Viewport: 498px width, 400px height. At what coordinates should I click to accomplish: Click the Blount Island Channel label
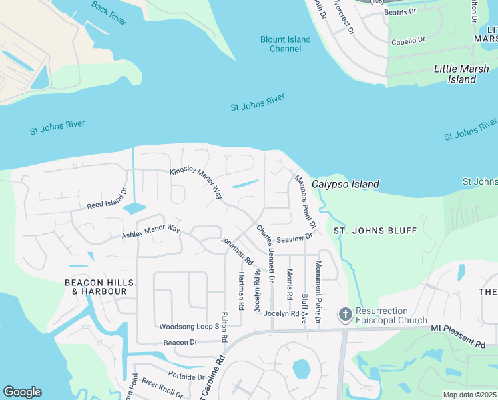click(x=285, y=44)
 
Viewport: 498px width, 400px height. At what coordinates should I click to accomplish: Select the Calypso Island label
click(x=346, y=184)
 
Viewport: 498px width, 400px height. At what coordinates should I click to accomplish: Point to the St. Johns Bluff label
click(x=375, y=231)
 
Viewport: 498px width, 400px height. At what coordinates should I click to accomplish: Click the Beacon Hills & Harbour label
click(x=95, y=287)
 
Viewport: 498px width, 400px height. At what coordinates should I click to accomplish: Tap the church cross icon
click(x=345, y=314)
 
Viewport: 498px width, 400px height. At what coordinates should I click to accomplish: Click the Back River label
click(x=109, y=15)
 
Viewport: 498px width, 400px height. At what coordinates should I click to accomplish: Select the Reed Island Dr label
click(x=107, y=199)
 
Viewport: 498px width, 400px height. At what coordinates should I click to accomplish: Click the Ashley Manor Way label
click(x=151, y=231)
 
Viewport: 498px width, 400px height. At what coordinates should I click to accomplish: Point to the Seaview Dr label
click(x=294, y=238)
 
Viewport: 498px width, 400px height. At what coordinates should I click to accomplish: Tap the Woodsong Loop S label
click(x=189, y=327)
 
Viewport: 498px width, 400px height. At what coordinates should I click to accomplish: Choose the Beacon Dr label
click(x=180, y=342)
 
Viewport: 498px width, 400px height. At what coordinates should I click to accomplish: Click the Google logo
click(x=22, y=392)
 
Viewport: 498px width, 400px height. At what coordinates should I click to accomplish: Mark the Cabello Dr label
click(x=409, y=41)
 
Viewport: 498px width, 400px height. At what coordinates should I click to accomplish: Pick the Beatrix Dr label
click(x=399, y=12)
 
